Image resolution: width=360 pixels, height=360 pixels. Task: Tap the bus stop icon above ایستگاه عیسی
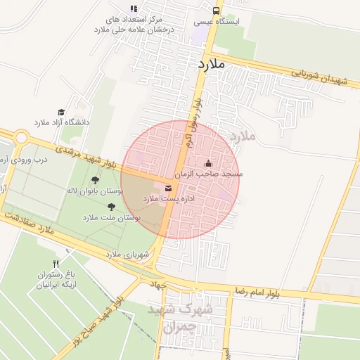point(215,11)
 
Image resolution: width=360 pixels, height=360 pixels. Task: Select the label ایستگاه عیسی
point(217,22)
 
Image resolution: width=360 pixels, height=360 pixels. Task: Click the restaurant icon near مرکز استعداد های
point(133,8)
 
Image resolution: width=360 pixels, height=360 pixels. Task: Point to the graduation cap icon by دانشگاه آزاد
point(61,112)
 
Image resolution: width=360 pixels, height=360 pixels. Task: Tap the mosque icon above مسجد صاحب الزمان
point(207,163)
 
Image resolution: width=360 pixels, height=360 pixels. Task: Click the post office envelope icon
point(168,188)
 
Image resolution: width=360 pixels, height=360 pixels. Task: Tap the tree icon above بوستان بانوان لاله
point(95,181)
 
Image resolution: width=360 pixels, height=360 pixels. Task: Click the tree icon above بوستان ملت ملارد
point(111,207)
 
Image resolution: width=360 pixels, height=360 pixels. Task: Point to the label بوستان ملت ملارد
point(111,218)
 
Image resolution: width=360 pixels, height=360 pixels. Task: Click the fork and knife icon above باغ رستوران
point(56,263)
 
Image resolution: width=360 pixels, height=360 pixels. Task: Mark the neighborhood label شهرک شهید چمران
point(173,318)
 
